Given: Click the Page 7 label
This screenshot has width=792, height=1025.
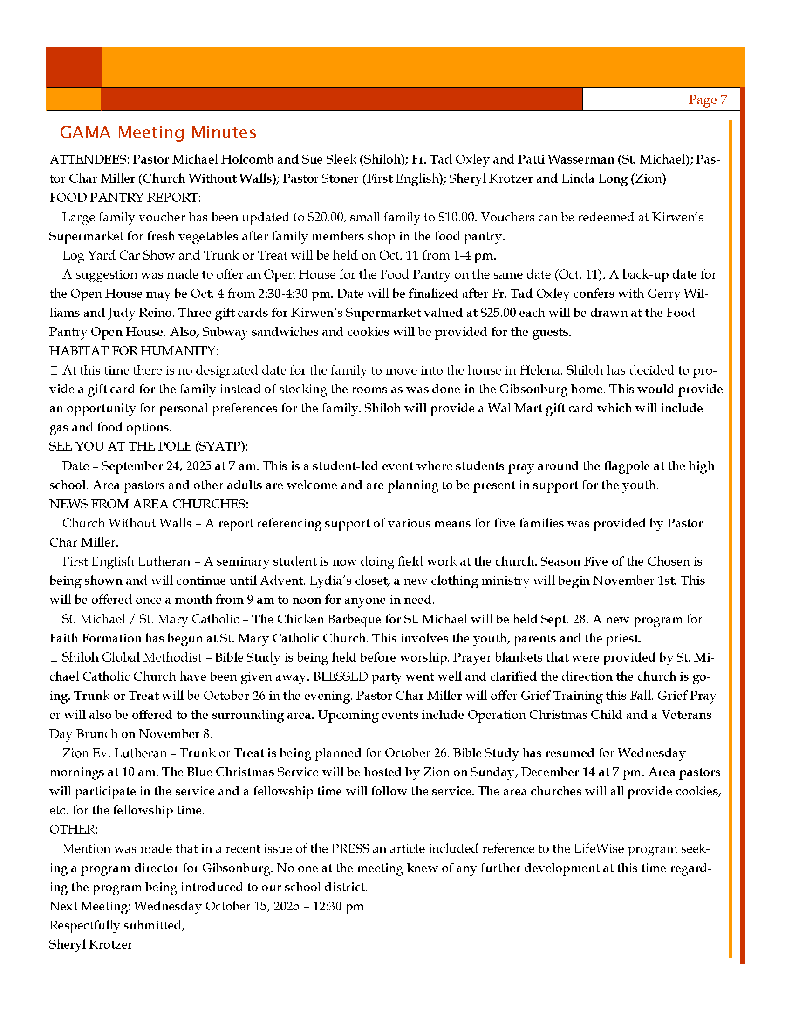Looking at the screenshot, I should click(x=708, y=100).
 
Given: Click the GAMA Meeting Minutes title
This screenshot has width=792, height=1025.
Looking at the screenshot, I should click(x=158, y=132).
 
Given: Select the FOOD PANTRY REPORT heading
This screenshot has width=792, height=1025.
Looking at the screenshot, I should click(x=125, y=198).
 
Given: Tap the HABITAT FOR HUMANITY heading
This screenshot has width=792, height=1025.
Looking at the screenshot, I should click(x=134, y=350).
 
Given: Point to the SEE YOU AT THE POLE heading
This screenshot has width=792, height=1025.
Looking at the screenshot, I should click(x=148, y=446).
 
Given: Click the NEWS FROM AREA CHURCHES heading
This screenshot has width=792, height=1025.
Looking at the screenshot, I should click(x=149, y=504).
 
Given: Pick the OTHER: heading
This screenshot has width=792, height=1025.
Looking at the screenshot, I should click(x=73, y=829).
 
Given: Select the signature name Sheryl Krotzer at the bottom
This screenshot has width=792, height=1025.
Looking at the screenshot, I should click(x=90, y=944).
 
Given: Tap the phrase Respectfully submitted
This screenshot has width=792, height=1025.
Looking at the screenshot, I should click(x=117, y=925).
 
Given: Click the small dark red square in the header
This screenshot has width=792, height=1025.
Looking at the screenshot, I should click(x=74, y=67).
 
